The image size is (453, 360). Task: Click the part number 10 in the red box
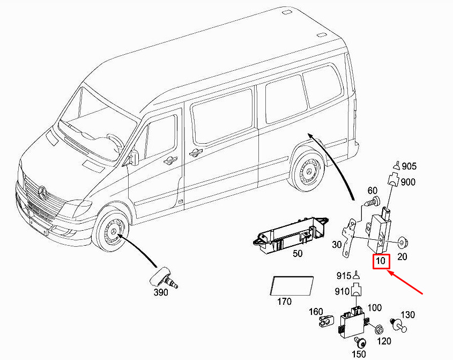click(x=381, y=262)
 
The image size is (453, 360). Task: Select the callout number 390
click(x=160, y=292)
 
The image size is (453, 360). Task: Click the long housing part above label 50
click(x=290, y=233)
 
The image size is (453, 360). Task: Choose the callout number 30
click(x=337, y=245)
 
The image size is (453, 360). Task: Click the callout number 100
click(x=375, y=307)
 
